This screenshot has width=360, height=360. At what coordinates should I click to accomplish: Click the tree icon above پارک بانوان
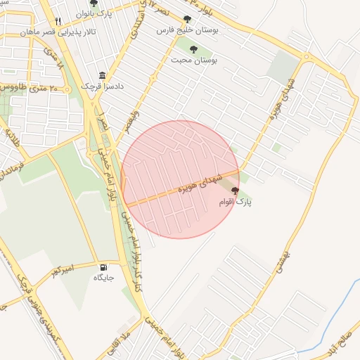pyautogui.click(x=94, y=4)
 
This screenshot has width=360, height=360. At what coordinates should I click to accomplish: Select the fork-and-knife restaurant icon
pyautogui.click(x=58, y=20)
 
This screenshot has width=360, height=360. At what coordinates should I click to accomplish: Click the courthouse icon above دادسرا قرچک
pyautogui.click(x=103, y=75)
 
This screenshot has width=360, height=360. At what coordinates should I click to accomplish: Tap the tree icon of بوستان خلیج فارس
pyautogui.click(x=187, y=19)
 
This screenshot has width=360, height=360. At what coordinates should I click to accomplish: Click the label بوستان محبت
pyautogui.click(x=193, y=60)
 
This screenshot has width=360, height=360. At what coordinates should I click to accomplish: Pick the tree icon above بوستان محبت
pyautogui.click(x=193, y=49)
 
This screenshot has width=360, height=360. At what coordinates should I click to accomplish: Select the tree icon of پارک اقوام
pyautogui.click(x=235, y=191)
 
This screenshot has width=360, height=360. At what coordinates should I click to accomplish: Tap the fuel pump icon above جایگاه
pyautogui.click(x=104, y=267)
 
